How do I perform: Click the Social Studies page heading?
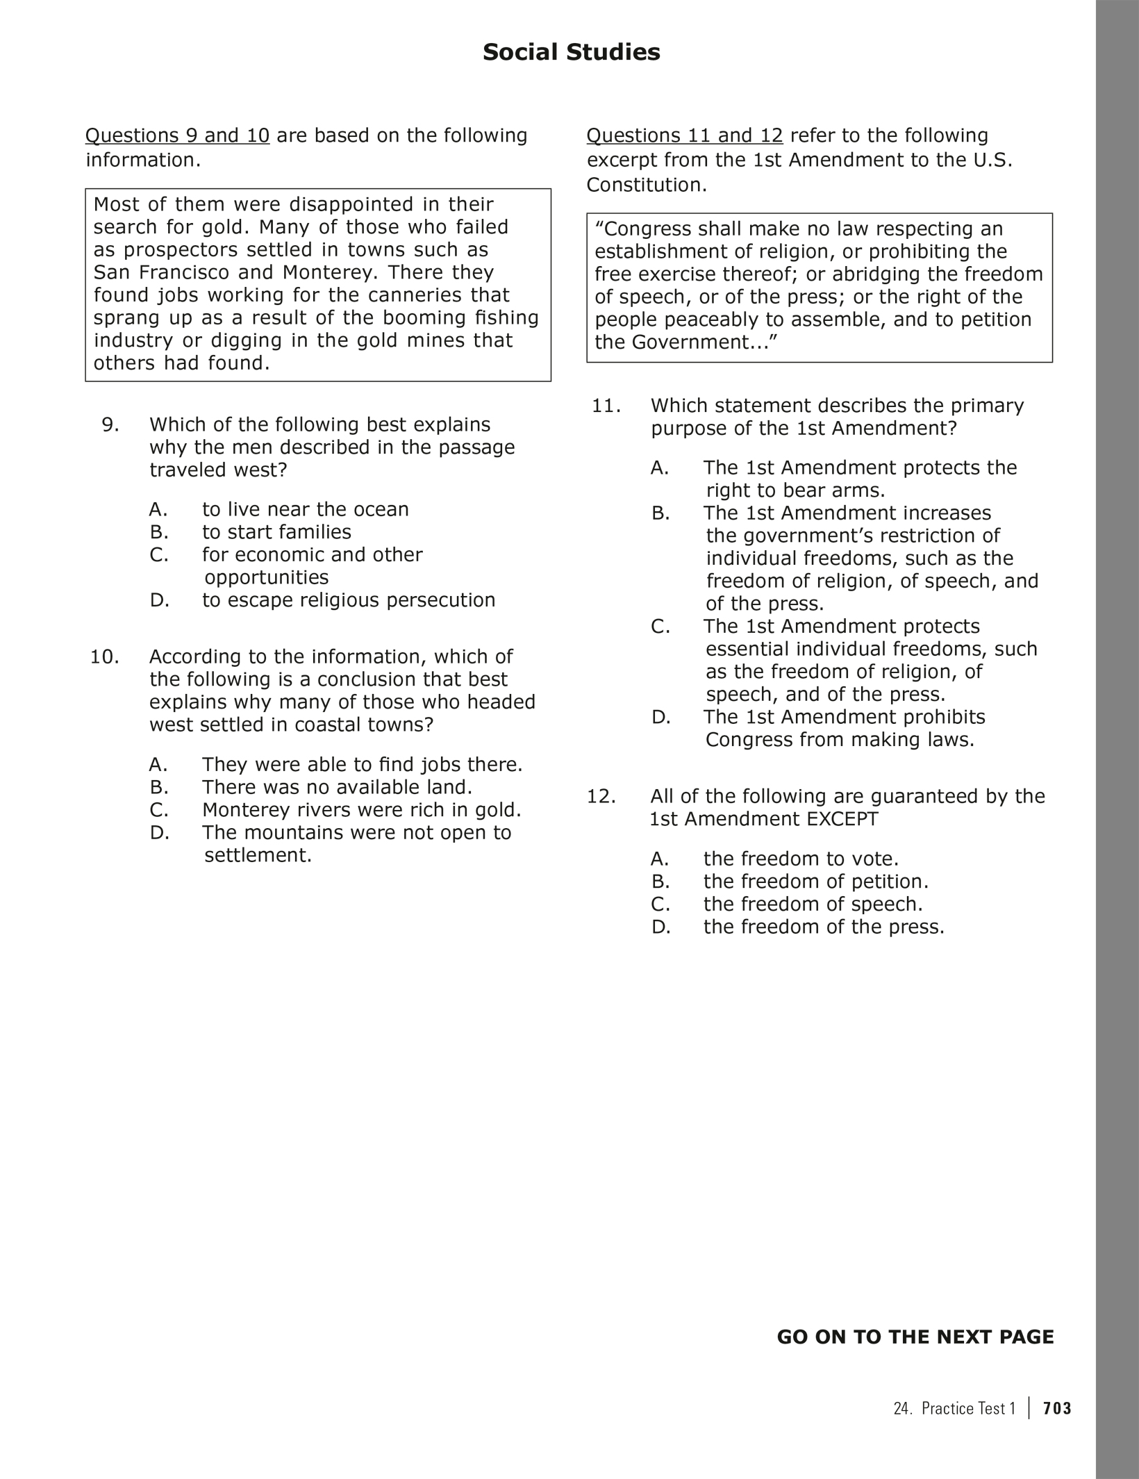point(571,52)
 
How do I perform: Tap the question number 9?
point(110,424)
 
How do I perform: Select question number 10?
point(104,656)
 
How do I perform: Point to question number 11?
point(606,406)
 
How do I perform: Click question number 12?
point(601,796)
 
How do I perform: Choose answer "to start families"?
point(276,532)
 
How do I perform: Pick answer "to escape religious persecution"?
point(349,600)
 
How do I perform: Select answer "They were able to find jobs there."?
point(362,765)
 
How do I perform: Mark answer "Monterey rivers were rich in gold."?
point(361,810)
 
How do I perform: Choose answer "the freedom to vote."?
point(801,859)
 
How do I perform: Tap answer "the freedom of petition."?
point(815,882)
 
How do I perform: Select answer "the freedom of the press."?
point(824,927)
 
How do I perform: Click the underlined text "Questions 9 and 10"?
point(177,135)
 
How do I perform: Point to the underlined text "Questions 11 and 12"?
point(684,135)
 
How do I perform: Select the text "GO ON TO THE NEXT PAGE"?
point(915,1337)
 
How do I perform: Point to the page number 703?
point(1057,1409)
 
